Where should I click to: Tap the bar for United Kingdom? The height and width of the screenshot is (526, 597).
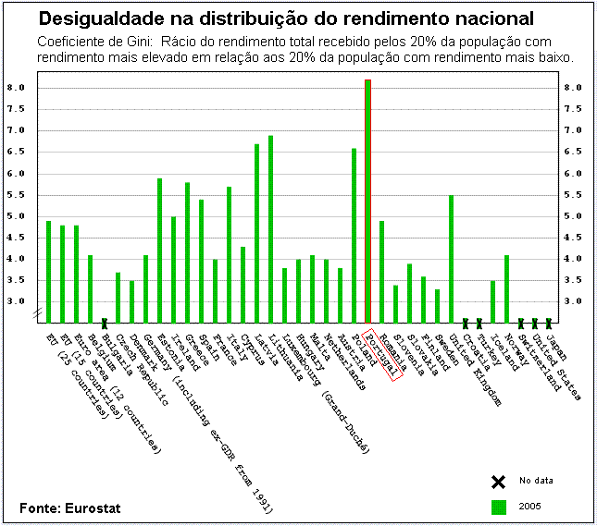click(x=451, y=259)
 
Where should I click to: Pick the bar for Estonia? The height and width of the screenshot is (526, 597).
click(x=159, y=251)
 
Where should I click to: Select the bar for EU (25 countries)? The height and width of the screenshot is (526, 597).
click(x=48, y=272)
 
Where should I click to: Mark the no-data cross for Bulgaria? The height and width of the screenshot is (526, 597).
click(x=105, y=323)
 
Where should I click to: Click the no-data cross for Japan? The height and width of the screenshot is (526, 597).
click(x=549, y=323)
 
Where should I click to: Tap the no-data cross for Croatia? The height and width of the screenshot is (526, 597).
click(x=465, y=323)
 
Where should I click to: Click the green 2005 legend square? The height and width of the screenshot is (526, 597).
click(x=498, y=507)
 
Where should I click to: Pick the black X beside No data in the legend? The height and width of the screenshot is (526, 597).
click(x=498, y=481)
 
